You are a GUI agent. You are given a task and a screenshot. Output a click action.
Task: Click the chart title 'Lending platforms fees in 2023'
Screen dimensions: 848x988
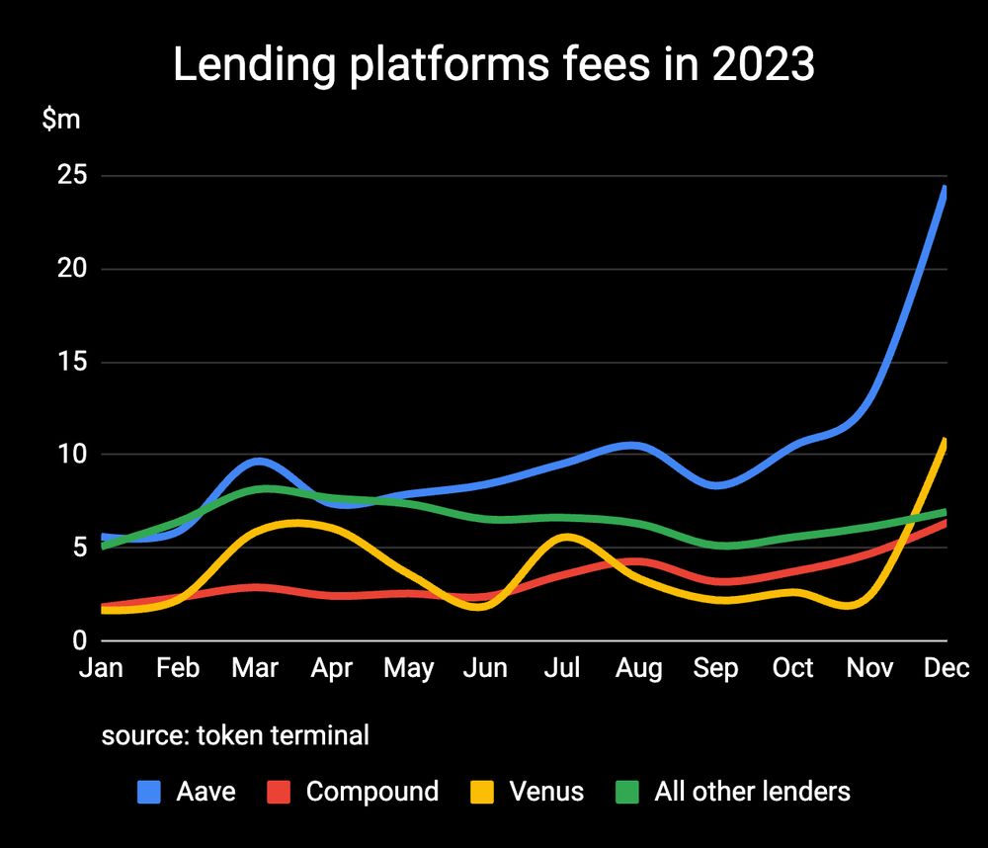click(x=494, y=65)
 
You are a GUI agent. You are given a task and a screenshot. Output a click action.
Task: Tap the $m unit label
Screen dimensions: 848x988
click(x=61, y=120)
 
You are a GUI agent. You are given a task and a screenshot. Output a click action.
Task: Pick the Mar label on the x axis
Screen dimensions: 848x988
click(x=255, y=668)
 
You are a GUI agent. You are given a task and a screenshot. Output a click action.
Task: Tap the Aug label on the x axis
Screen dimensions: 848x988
click(x=638, y=668)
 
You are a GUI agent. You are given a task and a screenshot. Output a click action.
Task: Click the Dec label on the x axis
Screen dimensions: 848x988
click(x=946, y=668)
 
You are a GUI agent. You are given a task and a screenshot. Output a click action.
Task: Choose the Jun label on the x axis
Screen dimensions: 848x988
click(x=485, y=668)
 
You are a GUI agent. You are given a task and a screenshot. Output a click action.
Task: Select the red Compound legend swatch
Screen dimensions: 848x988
click(x=279, y=792)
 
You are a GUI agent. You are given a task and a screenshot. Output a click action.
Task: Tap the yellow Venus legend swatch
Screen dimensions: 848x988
click(x=481, y=792)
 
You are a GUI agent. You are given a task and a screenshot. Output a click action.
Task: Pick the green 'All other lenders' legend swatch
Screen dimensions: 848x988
click(x=626, y=792)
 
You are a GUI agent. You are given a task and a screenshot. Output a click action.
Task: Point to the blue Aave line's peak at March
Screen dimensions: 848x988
click(x=258, y=461)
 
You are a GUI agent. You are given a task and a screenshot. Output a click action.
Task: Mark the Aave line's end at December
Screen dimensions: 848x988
click(x=946, y=189)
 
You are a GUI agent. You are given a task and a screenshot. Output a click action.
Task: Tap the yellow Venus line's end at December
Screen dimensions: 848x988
click(x=946, y=441)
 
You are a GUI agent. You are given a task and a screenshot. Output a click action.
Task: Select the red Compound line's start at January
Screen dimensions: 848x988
click(x=103, y=606)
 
